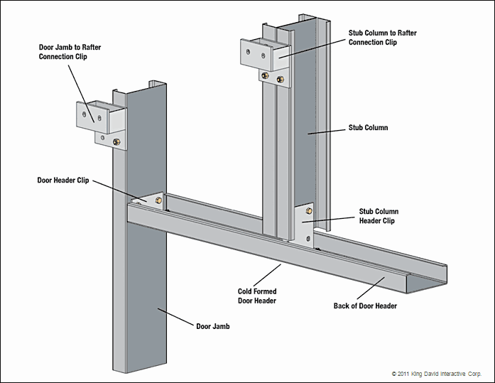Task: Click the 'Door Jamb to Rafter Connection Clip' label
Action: point(70,52)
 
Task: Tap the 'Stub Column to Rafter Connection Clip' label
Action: point(382,38)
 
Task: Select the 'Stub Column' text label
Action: point(368,128)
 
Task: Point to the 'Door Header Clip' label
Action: point(63,180)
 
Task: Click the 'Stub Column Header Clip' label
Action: point(379,216)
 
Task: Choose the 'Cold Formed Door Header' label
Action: point(257,296)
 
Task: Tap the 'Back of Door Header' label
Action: point(365,306)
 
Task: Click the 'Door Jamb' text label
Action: point(213,326)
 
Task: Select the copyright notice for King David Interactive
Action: point(437,374)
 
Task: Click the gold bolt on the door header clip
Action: point(158,200)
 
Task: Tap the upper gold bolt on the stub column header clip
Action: point(309,210)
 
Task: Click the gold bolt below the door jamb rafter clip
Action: point(116,142)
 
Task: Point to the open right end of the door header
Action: point(426,280)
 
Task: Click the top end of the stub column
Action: point(297,21)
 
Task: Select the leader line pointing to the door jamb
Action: point(175,317)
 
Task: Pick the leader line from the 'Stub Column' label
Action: point(327,131)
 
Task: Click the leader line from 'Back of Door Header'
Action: point(371,288)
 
